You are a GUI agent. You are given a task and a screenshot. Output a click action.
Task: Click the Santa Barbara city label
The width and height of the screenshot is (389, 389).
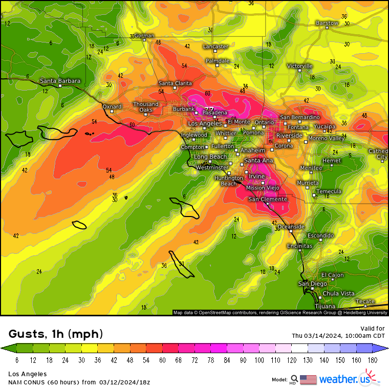pyautogui.click(x=60, y=81)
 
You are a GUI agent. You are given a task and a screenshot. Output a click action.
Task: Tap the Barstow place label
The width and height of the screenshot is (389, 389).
pyautogui.click(x=327, y=23)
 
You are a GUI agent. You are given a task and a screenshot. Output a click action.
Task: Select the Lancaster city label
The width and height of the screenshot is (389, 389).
pyautogui.click(x=215, y=47)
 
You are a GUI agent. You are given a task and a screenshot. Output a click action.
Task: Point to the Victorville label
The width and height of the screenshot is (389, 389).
pyautogui.click(x=299, y=66)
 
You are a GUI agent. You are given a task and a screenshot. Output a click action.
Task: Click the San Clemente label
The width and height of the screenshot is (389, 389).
pyautogui.click(x=268, y=199)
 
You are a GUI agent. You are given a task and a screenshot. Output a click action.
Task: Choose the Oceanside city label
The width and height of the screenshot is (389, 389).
pyautogui.click(x=291, y=226)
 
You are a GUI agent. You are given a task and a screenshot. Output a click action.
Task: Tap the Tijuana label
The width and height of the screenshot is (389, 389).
pyautogui.click(x=325, y=306)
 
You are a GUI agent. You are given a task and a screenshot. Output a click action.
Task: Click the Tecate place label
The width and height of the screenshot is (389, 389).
pyautogui.click(x=365, y=301)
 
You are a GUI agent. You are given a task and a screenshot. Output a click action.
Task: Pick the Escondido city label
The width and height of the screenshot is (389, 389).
pyautogui.click(x=320, y=235)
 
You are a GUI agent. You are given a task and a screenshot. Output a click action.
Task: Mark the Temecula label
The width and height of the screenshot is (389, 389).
pyautogui.click(x=329, y=191)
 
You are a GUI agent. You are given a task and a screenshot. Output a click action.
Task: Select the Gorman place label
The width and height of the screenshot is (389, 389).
pyautogui.click(x=144, y=36)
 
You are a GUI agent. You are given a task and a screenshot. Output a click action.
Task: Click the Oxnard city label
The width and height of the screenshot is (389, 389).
pyautogui.click(x=112, y=106)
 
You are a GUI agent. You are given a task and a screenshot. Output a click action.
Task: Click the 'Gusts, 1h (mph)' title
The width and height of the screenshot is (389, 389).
pyautogui.click(x=56, y=334)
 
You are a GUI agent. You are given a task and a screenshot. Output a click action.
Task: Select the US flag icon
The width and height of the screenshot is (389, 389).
pyautogui.click(x=308, y=379)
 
